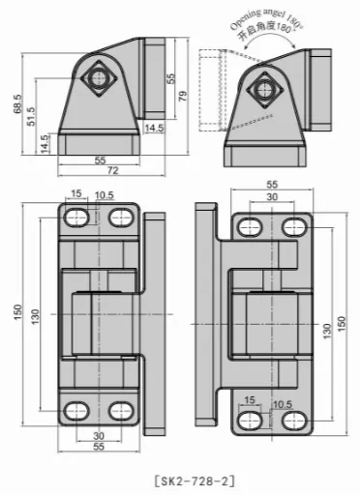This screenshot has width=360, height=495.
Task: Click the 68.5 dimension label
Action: (17, 103)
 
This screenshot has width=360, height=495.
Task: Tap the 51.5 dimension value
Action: (31, 116)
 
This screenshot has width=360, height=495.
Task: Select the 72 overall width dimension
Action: (112, 170)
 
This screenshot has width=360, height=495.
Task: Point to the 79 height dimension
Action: (183, 96)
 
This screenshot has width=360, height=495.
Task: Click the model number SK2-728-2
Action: (195, 481)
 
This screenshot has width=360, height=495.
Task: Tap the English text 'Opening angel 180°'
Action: (266, 19)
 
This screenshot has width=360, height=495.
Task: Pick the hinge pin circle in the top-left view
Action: (99, 78)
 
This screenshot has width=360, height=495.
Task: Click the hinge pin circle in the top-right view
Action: (264, 90)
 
